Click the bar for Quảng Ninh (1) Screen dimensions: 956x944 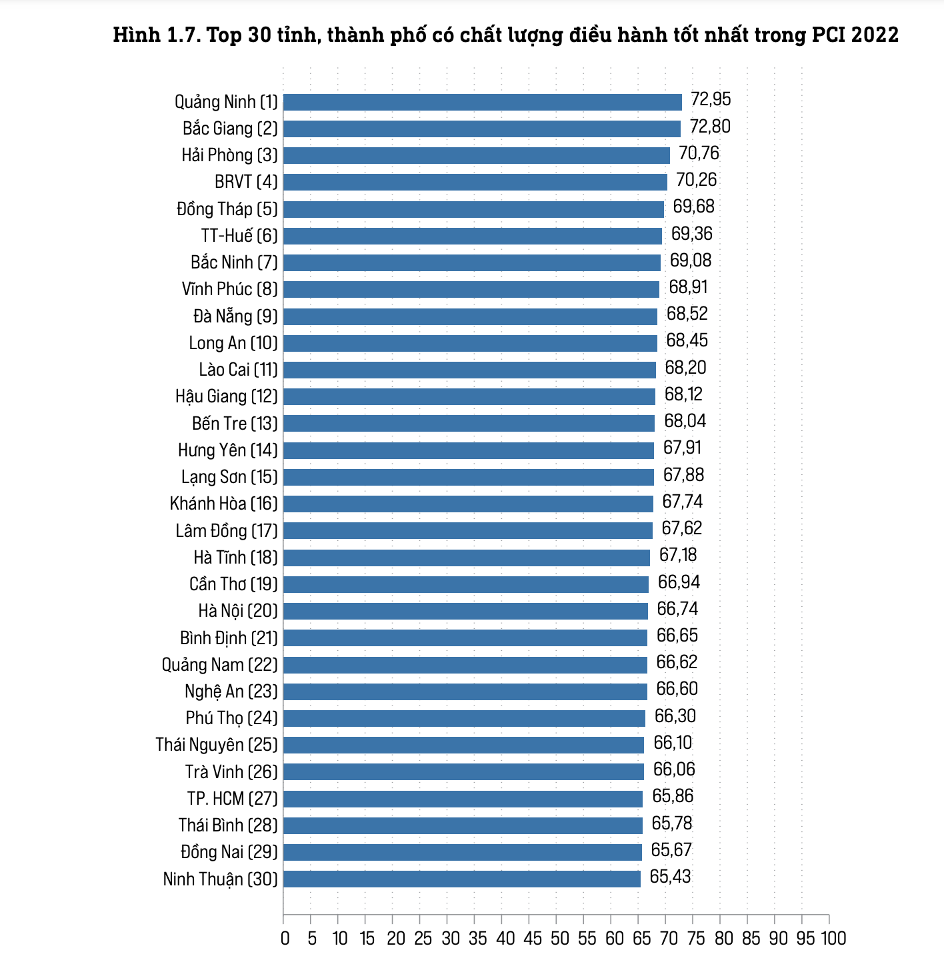pos(483,102)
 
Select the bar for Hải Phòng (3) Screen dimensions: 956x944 pos(477,155)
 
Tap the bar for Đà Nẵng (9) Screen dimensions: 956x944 pos(470,316)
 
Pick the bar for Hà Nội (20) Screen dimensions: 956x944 pos(465,611)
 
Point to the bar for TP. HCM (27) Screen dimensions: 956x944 pos(463,798)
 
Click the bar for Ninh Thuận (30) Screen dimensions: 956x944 pos(462,879)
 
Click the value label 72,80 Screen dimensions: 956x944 pos(711,127)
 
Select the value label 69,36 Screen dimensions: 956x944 pos(692,234)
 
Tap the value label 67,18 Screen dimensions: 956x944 pos(678,555)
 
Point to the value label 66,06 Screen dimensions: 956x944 pos(674,769)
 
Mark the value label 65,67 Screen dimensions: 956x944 pos(671,850)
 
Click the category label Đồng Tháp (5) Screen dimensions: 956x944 pos(227,209)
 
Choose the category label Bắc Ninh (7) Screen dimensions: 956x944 pos(234,262)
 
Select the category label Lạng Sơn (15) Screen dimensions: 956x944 pos(229,477)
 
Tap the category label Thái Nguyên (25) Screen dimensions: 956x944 pos(217,745)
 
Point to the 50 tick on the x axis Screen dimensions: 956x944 pos(560,938)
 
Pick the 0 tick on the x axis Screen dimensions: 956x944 pos(285,938)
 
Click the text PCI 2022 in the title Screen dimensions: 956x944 pos(855,35)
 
